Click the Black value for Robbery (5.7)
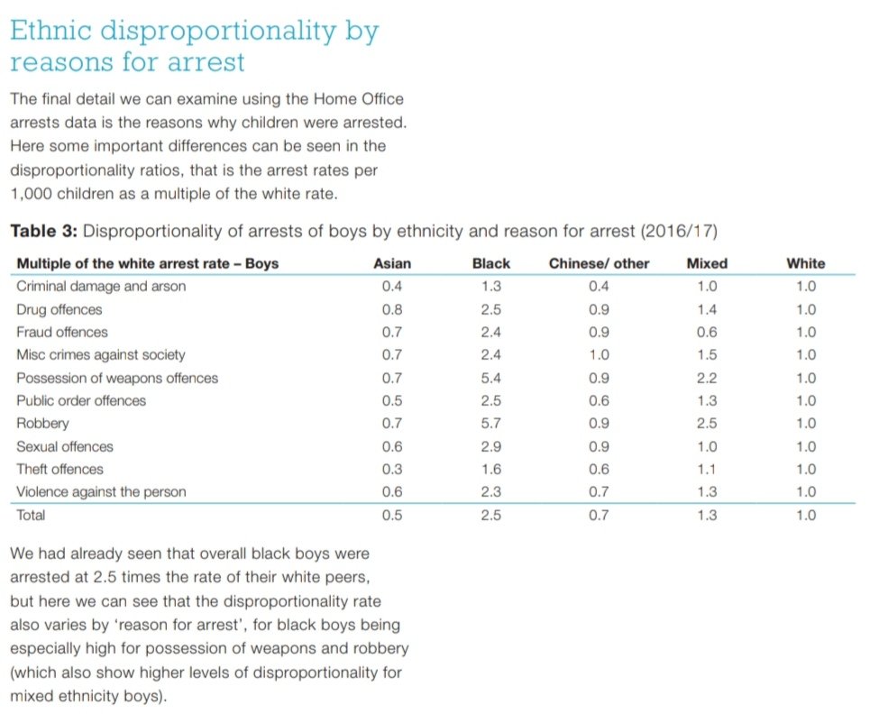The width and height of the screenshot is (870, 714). (x=490, y=424)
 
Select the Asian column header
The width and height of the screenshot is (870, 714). (x=392, y=263)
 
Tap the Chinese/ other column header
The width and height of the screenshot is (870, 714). (x=599, y=263)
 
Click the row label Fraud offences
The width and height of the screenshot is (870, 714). (x=62, y=333)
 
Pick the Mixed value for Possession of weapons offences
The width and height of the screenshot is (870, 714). (x=707, y=379)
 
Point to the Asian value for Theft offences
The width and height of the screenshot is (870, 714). (x=392, y=470)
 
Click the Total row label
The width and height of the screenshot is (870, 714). (x=31, y=516)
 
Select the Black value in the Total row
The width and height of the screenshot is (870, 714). (x=490, y=516)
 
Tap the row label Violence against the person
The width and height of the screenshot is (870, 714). (x=101, y=492)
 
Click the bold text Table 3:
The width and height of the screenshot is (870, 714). (x=44, y=231)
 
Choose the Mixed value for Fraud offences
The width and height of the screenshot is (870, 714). (x=707, y=333)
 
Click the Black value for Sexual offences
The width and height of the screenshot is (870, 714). (x=490, y=447)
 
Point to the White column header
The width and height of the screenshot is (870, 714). (x=805, y=263)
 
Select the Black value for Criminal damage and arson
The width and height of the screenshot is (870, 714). (x=490, y=287)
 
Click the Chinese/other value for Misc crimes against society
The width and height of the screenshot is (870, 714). (x=599, y=355)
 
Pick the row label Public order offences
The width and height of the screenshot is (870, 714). (x=81, y=401)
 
